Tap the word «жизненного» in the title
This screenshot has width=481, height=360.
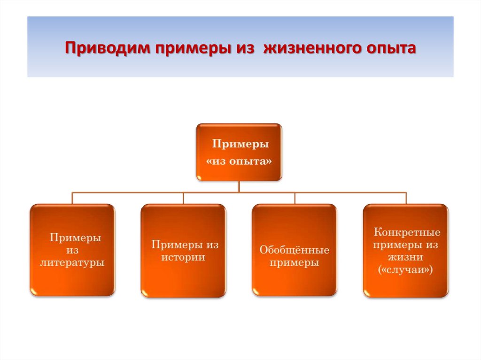(x=310, y=48)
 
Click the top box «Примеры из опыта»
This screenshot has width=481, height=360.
(x=239, y=152)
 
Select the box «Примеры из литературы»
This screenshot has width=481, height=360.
(x=72, y=250)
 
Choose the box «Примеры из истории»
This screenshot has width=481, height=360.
(x=183, y=250)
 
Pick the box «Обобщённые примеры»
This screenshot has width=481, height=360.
(x=295, y=250)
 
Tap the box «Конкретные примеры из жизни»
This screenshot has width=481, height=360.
(x=406, y=250)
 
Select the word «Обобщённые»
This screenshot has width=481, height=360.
(x=295, y=250)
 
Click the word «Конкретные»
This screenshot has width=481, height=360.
(x=407, y=232)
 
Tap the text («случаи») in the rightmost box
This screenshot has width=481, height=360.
(x=405, y=270)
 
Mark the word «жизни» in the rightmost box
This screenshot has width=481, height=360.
(x=406, y=258)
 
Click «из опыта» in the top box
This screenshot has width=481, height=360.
(x=239, y=161)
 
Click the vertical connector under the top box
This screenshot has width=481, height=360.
(x=239, y=186)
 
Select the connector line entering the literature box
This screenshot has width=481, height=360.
(x=72, y=198)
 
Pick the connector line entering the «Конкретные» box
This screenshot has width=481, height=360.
(x=406, y=198)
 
